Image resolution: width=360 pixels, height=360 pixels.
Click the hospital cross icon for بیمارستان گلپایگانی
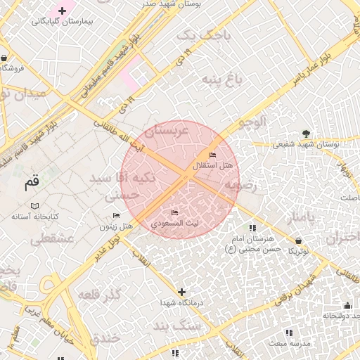click(63, 11)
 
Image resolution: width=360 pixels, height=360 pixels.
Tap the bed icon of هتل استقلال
click(212, 155)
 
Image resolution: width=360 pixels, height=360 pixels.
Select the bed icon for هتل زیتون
click(116, 214)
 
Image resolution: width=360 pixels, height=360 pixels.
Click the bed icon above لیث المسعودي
click(175, 212)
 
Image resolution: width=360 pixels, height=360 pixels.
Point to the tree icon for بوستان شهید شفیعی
click(305, 133)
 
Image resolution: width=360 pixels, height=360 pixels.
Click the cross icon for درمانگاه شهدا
click(181, 291)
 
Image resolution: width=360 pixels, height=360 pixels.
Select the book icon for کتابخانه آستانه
click(34, 206)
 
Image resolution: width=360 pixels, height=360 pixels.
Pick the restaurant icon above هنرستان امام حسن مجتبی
click(252, 228)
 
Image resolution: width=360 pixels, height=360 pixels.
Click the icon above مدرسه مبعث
click(288, 332)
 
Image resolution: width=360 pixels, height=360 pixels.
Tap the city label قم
click(31, 184)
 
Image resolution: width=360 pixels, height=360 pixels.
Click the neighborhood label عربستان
click(167, 131)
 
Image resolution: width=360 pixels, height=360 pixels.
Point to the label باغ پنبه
click(222, 78)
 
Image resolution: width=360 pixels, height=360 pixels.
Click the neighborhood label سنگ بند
click(177, 327)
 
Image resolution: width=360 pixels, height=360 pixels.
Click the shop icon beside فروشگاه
click(5, 58)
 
